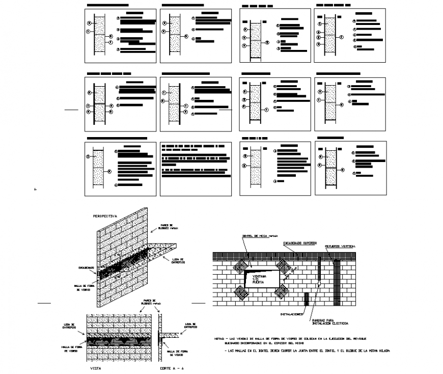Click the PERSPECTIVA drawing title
point(105,216)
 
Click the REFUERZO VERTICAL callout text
point(341,246)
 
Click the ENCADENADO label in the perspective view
point(86,266)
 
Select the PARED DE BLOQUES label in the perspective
point(168,227)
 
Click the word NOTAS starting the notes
point(219,338)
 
